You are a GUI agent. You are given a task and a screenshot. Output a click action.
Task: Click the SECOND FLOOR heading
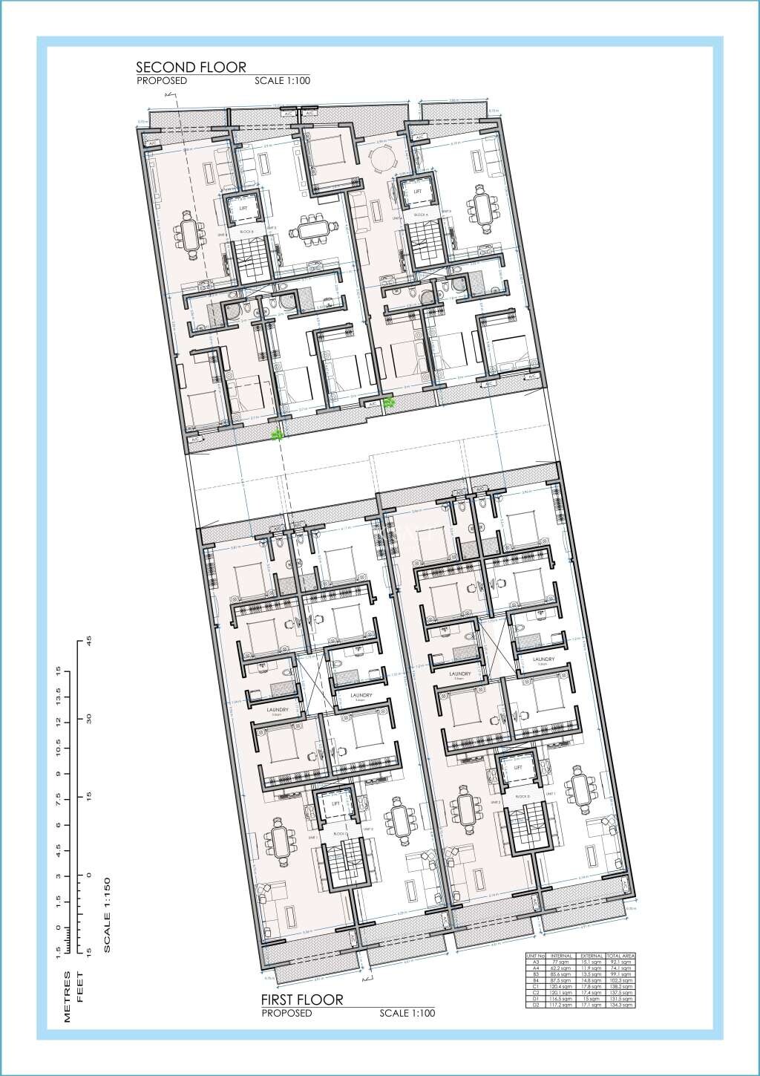[191, 68]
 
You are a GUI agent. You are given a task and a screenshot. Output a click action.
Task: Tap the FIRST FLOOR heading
[301, 999]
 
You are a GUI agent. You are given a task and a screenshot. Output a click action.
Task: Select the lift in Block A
[417, 192]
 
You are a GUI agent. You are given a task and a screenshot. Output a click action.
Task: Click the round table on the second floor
[383, 158]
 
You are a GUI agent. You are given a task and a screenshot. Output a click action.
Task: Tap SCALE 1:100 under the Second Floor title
[281, 81]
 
